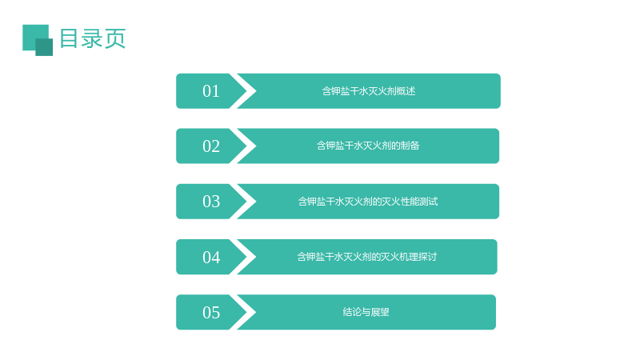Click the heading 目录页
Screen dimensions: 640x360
[x=93, y=38]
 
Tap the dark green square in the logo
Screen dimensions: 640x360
[x=44, y=47]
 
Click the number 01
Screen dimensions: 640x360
[x=211, y=91]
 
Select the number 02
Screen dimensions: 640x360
[x=211, y=146]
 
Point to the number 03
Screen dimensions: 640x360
[x=211, y=202]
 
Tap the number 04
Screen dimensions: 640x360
[x=211, y=257]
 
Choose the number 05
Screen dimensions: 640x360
[x=211, y=312]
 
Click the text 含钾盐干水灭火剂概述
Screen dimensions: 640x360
[x=369, y=91]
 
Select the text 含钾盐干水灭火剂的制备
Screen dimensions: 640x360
[x=368, y=146]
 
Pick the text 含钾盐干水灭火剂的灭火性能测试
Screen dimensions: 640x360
[x=368, y=202]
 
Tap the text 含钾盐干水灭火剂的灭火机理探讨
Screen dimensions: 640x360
[x=367, y=257]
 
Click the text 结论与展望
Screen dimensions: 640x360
[x=366, y=312]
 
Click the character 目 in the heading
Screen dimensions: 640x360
[x=69, y=38]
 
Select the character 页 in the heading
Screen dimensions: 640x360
[x=115, y=38]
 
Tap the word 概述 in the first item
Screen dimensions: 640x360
[x=406, y=91]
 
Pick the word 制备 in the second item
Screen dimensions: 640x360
[x=410, y=146]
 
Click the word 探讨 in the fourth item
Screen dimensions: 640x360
[x=427, y=257]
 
